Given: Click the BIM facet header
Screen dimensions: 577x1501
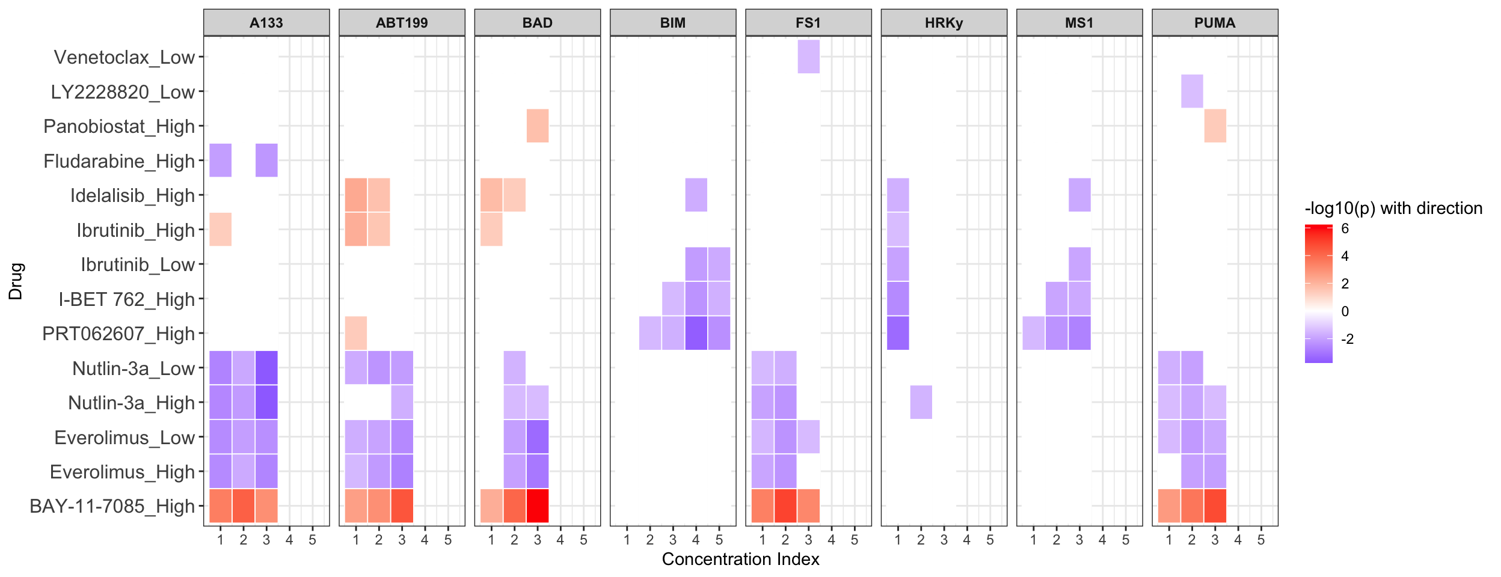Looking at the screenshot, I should point(672,23).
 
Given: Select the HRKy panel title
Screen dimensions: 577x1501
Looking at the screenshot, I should point(944,23).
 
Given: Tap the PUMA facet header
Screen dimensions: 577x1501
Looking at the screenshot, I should point(1215,23).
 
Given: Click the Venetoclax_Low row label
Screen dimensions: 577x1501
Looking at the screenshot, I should point(124,57).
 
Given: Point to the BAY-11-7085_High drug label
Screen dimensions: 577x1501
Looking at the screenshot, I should point(112,506).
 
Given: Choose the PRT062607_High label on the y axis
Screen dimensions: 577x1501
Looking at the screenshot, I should point(118,334).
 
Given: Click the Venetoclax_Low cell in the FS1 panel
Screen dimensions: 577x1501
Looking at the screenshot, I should point(808,57).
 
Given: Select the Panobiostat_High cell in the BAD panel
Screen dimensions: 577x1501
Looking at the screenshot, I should point(537,126).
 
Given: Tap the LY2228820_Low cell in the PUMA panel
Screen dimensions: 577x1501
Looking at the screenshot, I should point(1192,91).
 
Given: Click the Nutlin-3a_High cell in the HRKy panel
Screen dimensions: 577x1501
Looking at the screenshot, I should point(921,402).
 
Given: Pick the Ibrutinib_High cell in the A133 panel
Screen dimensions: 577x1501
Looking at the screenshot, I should point(220,229).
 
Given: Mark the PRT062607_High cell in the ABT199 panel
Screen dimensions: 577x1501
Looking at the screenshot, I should point(356,333).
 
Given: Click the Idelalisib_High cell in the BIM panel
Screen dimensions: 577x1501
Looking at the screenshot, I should point(696,195).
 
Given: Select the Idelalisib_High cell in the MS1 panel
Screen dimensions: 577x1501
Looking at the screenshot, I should point(1079,195).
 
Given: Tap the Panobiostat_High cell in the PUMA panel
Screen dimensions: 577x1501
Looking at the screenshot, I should point(1215,126).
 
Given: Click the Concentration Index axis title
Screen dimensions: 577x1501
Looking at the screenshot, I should point(740,559).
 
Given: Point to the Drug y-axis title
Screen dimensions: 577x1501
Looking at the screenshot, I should point(16,281).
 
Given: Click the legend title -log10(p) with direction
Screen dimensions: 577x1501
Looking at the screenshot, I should point(1393,209).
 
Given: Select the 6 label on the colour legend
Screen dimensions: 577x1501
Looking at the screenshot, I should point(1345,228).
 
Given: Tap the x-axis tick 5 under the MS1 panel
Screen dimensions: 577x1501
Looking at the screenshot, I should point(1125,540).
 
